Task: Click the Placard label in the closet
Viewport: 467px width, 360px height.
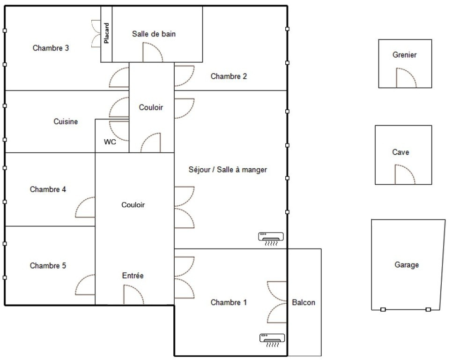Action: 106,33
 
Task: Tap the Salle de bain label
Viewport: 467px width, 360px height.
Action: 154,34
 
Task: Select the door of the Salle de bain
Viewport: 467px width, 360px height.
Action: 153,52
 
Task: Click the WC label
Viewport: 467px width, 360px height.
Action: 110,142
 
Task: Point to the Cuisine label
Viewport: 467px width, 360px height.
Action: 66,121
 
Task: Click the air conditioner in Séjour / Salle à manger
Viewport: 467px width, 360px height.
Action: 271,239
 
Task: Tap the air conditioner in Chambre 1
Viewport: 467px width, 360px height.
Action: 272,340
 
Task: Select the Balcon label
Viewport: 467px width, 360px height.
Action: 304,302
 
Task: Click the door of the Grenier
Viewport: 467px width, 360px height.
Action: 406,78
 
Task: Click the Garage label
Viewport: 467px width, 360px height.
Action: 407,265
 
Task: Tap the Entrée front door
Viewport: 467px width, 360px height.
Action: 133,295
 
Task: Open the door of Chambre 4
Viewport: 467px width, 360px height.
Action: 85,207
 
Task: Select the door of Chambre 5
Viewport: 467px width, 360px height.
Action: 85,285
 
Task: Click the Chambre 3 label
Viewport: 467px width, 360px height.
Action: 51,48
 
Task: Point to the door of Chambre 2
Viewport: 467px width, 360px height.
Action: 185,76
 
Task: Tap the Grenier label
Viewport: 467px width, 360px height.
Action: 404,55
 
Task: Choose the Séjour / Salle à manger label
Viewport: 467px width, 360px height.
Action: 228,170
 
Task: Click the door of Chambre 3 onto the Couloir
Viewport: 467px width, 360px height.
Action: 119,77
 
